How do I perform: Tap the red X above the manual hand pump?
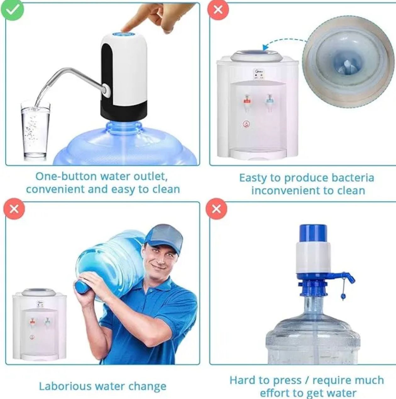[216, 208]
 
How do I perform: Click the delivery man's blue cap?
[165, 236]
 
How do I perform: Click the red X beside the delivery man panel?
[14, 208]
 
